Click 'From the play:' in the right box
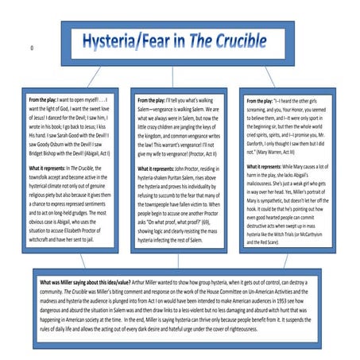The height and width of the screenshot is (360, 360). (267, 102)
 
